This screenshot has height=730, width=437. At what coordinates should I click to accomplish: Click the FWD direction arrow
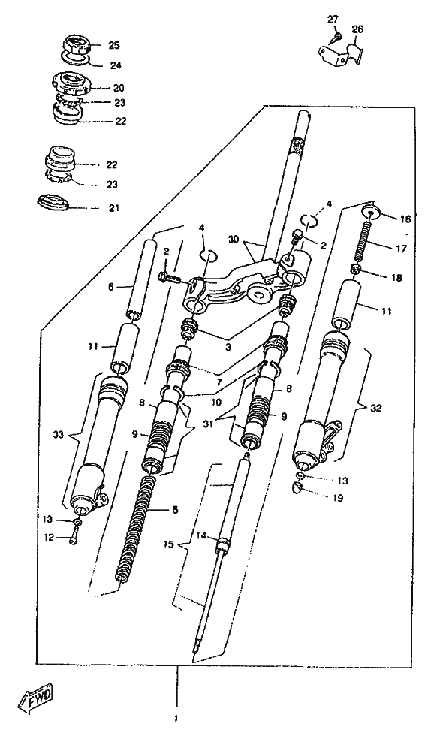click(x=35, y=695)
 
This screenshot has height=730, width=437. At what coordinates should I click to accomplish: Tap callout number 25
click(x=113, y=45)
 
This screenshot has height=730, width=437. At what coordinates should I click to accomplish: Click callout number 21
click(x=113, y=208)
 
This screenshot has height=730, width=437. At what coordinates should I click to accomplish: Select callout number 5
click(x=175, y=510)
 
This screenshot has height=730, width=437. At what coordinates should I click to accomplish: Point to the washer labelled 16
click(x=372, y=212)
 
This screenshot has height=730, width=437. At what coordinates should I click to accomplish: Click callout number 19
click(x=338, y=498)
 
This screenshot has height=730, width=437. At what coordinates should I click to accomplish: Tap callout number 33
click(x=58, y=434)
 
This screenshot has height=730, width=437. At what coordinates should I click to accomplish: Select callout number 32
click(x=376, y=409)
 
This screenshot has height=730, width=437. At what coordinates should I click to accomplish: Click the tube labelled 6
click(x=142, y=279)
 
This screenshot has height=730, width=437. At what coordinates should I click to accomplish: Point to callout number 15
click(x=168, y=544)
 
